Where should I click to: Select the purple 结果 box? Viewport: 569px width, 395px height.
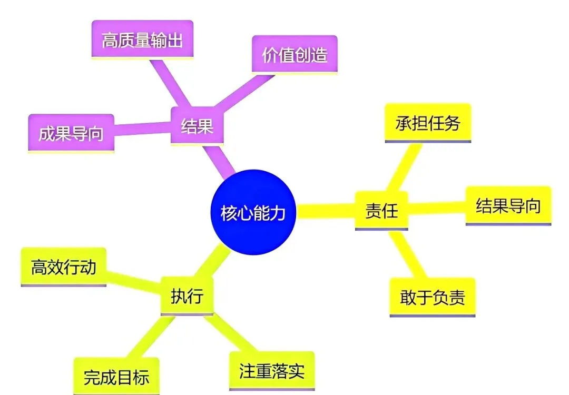coord(197,126)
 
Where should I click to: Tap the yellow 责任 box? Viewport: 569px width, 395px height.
coord(381,211)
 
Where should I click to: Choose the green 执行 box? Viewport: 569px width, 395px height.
coord(187,296)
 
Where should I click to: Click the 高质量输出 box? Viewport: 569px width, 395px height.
coord(142,41)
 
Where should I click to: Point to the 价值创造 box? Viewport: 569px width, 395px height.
coord(295,54)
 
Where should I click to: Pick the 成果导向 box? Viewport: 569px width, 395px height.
coord(71,133)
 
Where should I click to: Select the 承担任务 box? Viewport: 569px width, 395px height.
coord(428,123)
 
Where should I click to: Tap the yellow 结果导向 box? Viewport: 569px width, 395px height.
coord(508,205)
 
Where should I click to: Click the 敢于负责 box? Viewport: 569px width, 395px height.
coord(433,298)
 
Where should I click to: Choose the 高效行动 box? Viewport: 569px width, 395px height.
coord(63,267)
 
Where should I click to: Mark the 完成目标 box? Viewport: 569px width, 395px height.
coord(116,377)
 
